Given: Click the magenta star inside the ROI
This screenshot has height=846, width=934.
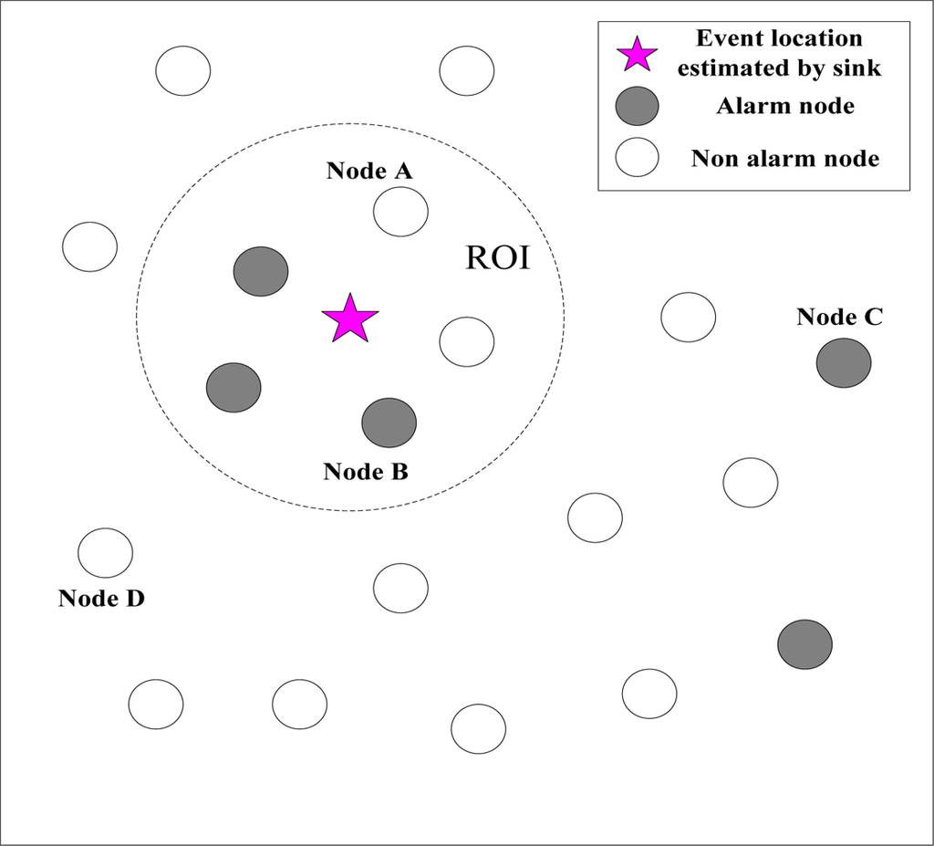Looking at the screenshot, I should (349, 319).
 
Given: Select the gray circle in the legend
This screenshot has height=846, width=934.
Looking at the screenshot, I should (637, 107).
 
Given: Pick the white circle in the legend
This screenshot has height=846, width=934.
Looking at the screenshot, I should (637, 158).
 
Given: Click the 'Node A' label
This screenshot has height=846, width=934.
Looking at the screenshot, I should (369, 171).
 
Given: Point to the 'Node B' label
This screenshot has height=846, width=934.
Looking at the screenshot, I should (366, 472).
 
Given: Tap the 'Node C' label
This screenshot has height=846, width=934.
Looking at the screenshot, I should (839, 317).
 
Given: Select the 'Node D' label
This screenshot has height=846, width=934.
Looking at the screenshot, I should (101, 599).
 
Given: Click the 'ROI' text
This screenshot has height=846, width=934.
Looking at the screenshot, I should (497, 258).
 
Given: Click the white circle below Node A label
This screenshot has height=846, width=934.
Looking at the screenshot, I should (400, 212).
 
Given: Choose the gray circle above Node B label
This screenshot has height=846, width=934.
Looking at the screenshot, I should (389, 423).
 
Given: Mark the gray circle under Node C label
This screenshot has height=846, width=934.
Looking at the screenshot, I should (844, 362).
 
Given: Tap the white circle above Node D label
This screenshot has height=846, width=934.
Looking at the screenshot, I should (105, 552).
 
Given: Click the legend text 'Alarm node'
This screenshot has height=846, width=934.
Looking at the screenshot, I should (785, 106).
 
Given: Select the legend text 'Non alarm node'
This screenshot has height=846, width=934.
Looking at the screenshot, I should (785, 159).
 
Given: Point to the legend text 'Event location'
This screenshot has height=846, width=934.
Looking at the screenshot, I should (779, 39).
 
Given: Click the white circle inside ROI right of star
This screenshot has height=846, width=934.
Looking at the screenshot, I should (467, 341).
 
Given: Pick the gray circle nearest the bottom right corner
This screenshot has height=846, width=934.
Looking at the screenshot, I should (804, 643).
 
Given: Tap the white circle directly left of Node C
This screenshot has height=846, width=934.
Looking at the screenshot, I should (689, 317).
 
